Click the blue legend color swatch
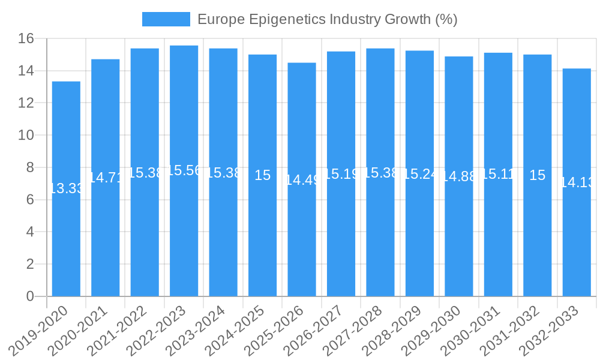click(x=166, y=19)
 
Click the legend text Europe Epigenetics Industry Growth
click(x=327, y=19)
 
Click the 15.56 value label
click(x=184, y=170)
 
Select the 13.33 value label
click(x=66, y=188)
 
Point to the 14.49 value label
click(x=302, y=179)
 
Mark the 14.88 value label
click(x=459, y=176)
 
